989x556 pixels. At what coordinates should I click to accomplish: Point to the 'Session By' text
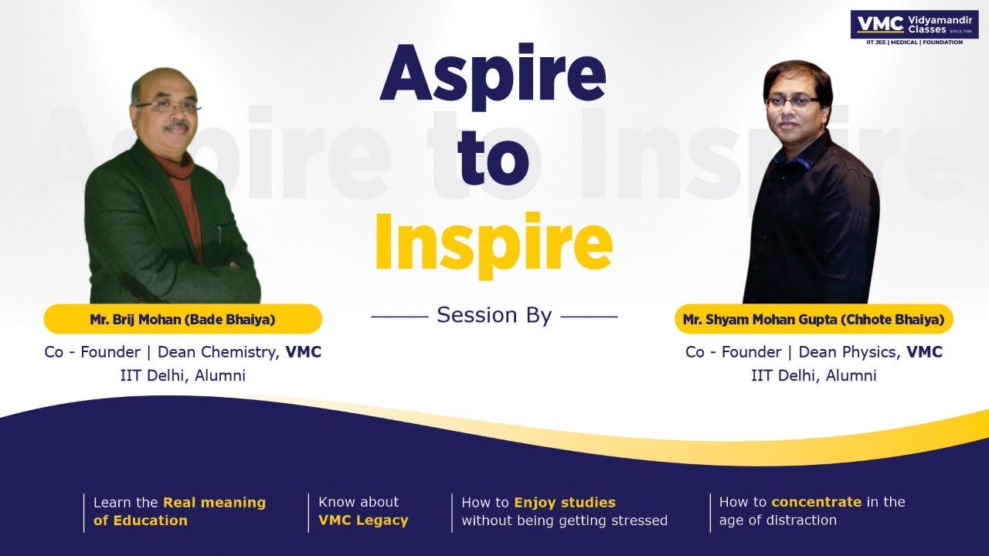(x=494, y=315)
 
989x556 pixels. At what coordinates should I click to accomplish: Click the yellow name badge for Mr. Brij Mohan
(x=182, y=318)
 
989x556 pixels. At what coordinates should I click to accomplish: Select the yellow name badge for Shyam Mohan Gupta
(x=814, y=318)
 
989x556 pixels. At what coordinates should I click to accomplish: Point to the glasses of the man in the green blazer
(x=168, y=107)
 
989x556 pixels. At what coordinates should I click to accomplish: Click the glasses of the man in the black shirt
(x=793, y=102)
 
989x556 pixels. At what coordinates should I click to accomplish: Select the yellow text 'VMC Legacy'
(x=363, y=520)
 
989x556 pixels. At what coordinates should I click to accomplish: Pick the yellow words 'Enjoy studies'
(x=565, y=502)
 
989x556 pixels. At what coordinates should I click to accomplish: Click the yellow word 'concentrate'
(x=816, y=502)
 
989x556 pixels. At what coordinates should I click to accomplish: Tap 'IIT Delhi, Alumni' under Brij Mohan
(x=182, y=376)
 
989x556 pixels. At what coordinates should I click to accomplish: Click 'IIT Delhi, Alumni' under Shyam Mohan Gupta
(x=814, y=376)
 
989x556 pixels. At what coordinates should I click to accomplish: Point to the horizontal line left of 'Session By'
(x=399, y=316)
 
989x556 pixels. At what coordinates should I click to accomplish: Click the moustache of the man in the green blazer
(x=175, y=125)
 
